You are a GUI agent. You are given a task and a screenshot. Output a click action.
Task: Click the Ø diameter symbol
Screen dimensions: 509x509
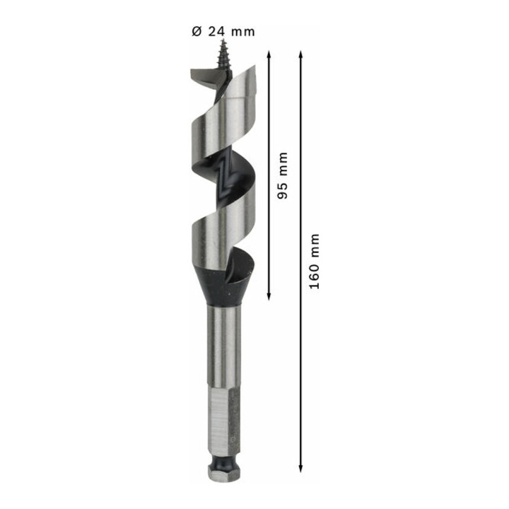(x=197, y=32)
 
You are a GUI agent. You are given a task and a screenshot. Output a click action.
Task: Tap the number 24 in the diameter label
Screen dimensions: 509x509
(x=216, y=32)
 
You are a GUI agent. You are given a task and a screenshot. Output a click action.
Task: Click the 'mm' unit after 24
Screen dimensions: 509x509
(x=242, y=32)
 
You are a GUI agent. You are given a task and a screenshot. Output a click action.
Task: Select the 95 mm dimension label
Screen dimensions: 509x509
(x=283, y=175)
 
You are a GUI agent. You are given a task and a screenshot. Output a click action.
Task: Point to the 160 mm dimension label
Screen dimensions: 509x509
(x=314, y=261)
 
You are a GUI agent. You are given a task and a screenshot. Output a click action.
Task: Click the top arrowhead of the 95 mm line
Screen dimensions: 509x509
(x=269, y=54)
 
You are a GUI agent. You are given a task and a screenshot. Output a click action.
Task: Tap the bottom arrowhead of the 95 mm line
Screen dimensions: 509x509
(x=269, y=296)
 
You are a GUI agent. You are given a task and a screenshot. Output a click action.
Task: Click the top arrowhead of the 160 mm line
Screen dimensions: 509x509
(x=300, y=54)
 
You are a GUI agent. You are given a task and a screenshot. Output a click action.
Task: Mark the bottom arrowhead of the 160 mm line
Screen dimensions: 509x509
(x=300, y=468)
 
